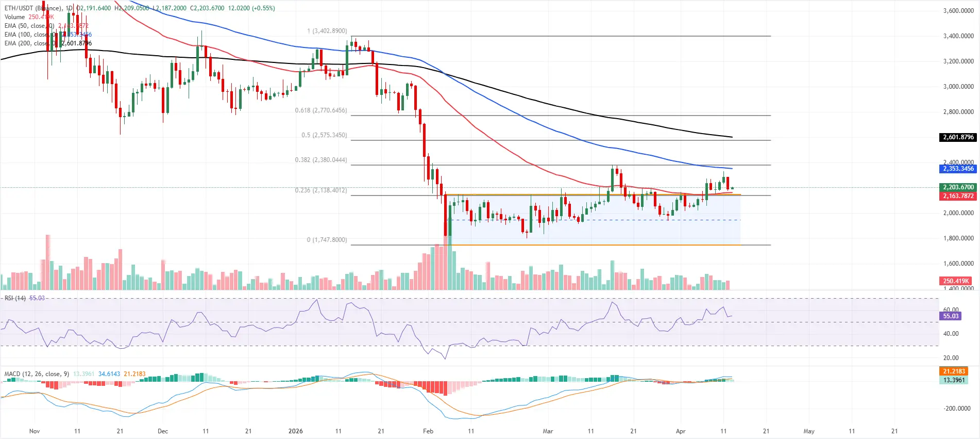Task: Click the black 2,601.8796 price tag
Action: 958,137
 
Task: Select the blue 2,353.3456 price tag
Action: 958,169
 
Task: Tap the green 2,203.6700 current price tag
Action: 958,187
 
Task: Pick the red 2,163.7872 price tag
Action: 958,196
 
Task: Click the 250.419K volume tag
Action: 956,281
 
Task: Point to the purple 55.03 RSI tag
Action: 951,316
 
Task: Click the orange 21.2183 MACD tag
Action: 954,371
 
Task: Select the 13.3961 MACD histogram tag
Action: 954,380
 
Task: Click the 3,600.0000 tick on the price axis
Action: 958,11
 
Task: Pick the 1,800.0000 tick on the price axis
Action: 958,238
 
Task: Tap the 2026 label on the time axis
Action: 295,431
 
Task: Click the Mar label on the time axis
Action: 548,431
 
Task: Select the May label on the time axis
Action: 809,431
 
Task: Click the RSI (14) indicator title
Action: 15,298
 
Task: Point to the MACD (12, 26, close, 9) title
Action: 37,374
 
